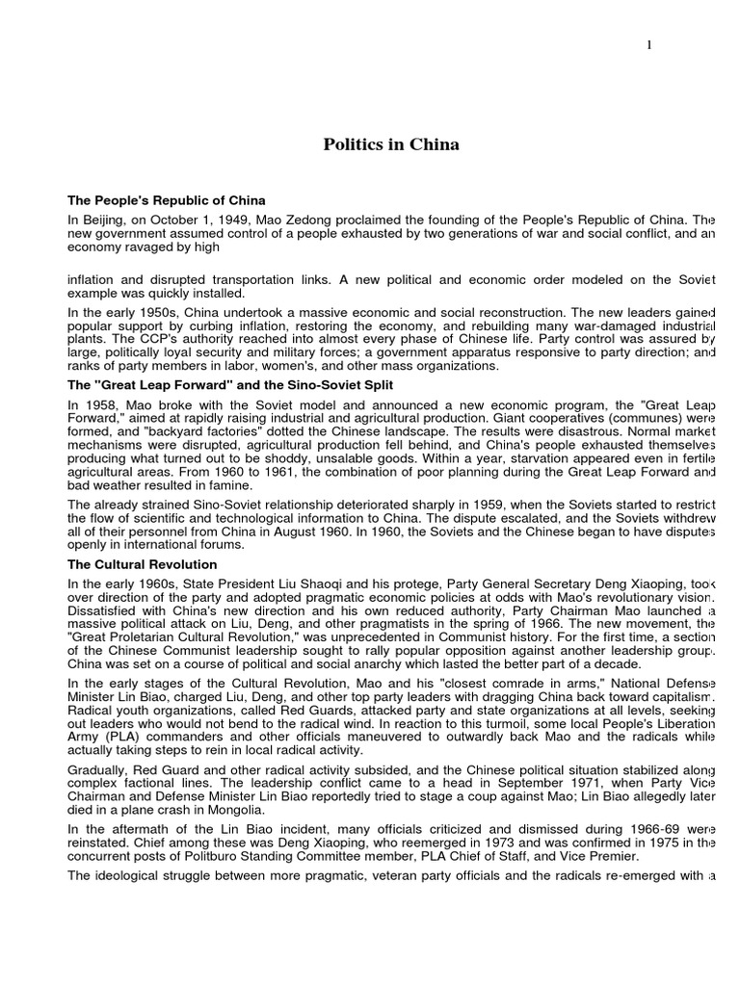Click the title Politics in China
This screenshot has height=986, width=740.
(x=390, y=145)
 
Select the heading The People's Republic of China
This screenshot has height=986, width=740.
(x=166, y=200)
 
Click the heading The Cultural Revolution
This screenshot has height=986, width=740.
(x=142, y=564)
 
